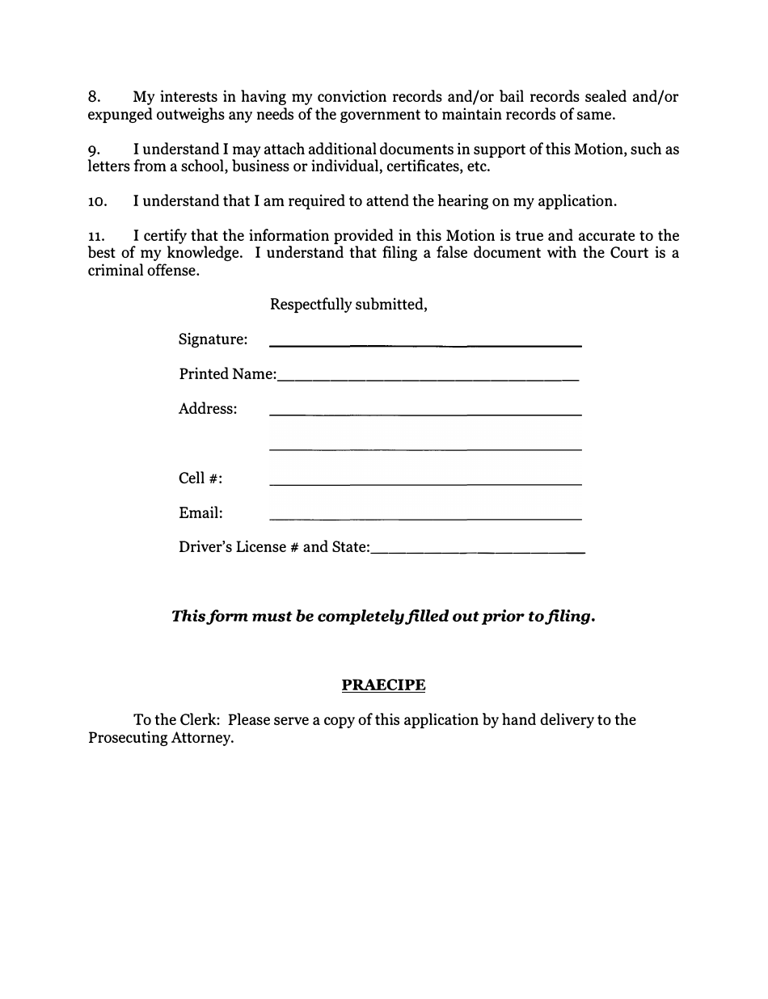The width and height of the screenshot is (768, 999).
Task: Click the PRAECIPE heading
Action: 383,685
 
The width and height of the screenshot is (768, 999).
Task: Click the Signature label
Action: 213,339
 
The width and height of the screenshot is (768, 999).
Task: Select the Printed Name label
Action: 227,374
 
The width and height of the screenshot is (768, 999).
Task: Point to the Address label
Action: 208,409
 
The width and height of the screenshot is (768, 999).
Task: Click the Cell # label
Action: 200,478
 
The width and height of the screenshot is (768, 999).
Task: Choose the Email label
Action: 200,513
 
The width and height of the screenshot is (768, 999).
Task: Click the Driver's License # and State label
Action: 274,547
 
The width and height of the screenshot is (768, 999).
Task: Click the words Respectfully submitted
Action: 348,305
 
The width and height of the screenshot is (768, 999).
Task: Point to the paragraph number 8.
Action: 94,98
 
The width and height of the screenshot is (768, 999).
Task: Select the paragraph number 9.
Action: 94,150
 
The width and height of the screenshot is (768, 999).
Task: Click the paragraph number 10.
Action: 97,202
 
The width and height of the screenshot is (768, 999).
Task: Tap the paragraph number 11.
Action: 96,237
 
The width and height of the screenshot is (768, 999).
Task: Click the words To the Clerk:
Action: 177,720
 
